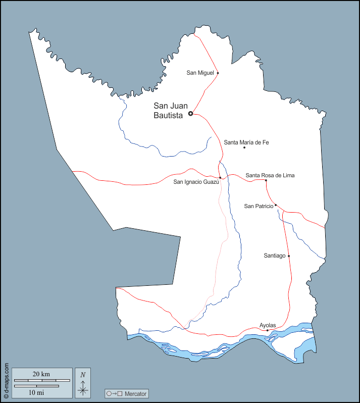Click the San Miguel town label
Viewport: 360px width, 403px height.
pyautogui.click(x=200, y=73)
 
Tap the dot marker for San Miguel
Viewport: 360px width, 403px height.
pyautogui.click(x=218, y=73)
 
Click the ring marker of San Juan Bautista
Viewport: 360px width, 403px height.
pyautogui.click(x=190, y=114)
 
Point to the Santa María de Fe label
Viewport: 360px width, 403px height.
pyautogui.click(x=246, y=142)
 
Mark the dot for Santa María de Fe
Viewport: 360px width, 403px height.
pyautogui.click(x=244, y=147)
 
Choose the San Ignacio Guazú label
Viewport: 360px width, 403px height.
pyautogui.click(x=196, y=182)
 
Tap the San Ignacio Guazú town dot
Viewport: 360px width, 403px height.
pyautogui.click(x=220, y=178)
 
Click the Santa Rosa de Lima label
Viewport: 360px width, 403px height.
pyautogui.click(x=270, y=175)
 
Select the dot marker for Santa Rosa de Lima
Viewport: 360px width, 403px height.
pyautogui.click(x=266, y=180)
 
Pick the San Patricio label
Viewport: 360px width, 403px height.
pyautogui.click(x=259, y=206)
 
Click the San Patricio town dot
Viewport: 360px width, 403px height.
pyautogui.click(x=276, y=205)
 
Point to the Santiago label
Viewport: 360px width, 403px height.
pyautogui.click(x=275, y=256)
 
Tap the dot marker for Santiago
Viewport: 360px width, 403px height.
pyautogui.click(x=289, y=256)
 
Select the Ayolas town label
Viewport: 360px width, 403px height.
pyautogui.click(x=268, y=325)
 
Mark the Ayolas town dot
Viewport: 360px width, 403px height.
pyautogui.click(x=267, y=330)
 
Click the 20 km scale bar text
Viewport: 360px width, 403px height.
pyautogui.click(x=41, y=374)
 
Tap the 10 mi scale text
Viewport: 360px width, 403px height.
pyautogui.click(x=36, y=392)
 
